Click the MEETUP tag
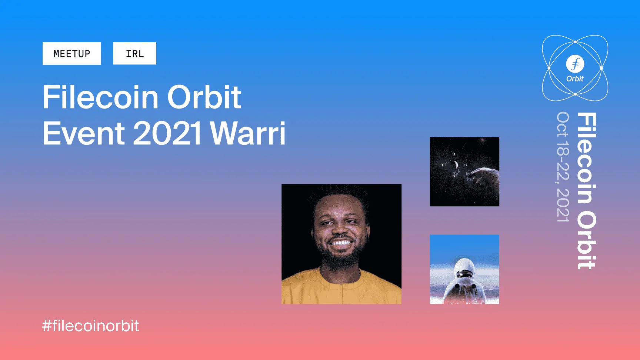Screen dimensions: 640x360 (71, 53)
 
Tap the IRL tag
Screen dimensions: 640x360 (134, 53)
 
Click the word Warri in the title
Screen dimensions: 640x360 (248, 133)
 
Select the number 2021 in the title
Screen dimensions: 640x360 (167, 133)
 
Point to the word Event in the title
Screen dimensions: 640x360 (84, 133)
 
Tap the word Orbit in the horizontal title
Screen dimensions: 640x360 (204, 97)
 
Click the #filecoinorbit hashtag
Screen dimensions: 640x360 (90, 326)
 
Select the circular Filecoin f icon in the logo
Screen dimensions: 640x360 (575, 64)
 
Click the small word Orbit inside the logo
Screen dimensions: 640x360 (575, 79)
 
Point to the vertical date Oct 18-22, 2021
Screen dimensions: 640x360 (563, 167)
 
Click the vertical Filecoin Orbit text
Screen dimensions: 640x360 (587, 191)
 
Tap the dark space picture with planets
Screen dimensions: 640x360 (464, 171)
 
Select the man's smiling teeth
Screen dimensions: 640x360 (341, 243)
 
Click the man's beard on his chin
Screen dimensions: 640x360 (340, 258)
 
